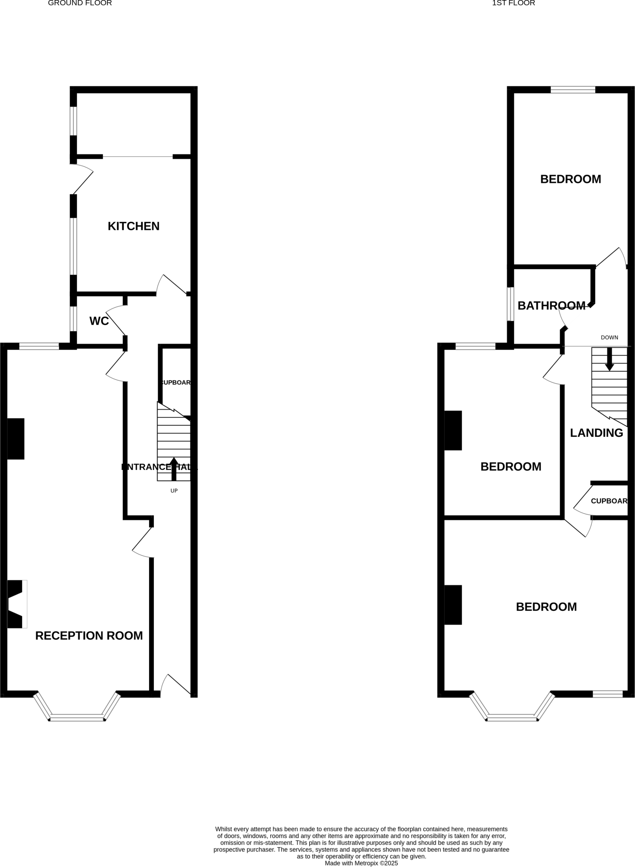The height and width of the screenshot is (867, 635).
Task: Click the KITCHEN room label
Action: pyautogui.click(x=133, y=226)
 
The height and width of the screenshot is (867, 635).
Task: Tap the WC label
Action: pyautogui.click(x=99, y=321)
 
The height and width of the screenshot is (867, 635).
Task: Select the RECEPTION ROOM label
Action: pyautogui.click(x=89, y=635)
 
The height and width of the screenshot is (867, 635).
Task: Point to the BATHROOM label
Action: pyautogui.click(x=551, y=305)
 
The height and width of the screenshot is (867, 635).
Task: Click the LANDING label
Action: pyautogui.click(x=596, y=433)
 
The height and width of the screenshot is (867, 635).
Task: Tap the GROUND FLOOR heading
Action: pyautogui.click(x=80, y=3)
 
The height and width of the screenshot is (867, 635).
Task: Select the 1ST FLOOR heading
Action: pyautogui.click(x=513, y=3)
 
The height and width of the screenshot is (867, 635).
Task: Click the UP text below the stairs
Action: pyautogui.click(x=174, y=491)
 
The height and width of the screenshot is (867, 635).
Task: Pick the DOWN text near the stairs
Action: pyautogui.click(x=609, y=337)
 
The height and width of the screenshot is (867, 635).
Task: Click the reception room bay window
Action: pyautogui.click(x=77, y=717)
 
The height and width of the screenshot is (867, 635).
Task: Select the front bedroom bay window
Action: pyautogui.click(x=512, y=717)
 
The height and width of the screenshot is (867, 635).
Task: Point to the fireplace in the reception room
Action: pyautogui.click(x=16, y=604)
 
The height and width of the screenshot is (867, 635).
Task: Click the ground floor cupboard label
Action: pyautogui.click(x=175, y=382)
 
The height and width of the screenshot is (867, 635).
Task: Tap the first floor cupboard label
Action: pyautogui.click(x=609, y=501)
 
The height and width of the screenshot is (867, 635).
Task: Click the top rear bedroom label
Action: pyautogui.click(x=570, y=179)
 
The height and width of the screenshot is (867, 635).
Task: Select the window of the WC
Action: pyautogui.click(x=73, y=319)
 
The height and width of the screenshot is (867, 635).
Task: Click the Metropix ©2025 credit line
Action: pyautogui.click(x=361, y=863)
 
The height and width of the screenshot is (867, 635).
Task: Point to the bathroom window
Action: pyautogui.click(x=510, y=304)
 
